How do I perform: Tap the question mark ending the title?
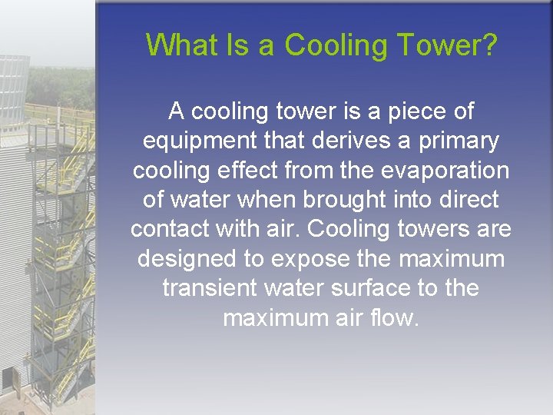pyautogui.click(x=489, y=45)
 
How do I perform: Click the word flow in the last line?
pyautogui.click(x=397, y=317)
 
